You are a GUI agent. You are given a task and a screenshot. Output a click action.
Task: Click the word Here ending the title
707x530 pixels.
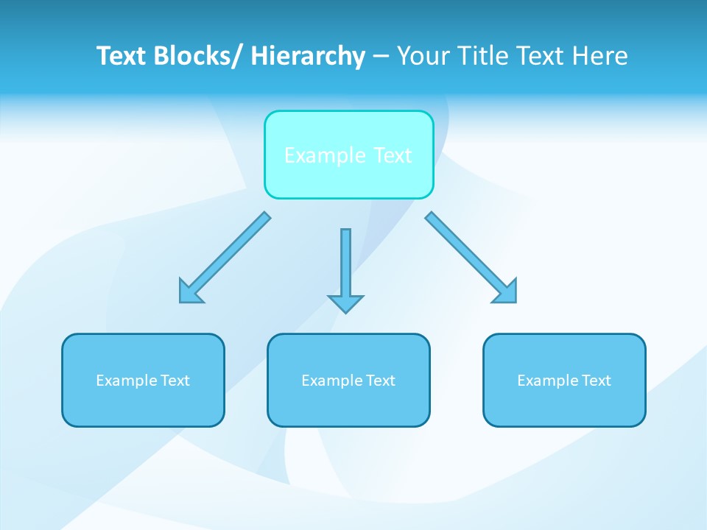[599, 56]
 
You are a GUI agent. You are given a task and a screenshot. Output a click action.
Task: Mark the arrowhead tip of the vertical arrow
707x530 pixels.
[345, 311]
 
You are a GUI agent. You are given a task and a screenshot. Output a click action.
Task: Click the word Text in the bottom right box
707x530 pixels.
[596, 381]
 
